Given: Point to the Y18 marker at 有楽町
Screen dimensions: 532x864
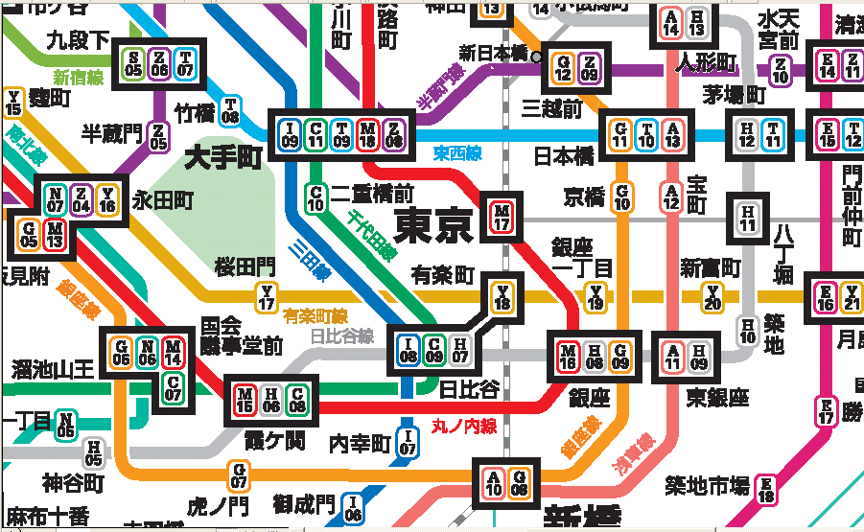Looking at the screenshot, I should [502, 297].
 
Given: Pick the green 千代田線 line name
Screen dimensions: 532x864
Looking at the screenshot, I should [370, 235].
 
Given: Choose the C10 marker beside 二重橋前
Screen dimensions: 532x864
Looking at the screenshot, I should [315, 198].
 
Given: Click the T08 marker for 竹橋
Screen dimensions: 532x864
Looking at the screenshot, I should [230, 110].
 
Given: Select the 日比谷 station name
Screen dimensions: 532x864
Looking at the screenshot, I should [469, 388].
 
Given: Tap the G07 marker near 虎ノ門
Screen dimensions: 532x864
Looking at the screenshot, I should [238, 474].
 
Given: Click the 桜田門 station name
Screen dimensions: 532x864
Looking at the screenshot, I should [245, 265].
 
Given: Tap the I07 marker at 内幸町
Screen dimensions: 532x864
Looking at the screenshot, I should [408, 442].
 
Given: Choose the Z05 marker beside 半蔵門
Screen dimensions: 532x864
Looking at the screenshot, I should [159, 136].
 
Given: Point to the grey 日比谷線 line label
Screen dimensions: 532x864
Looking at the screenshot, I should [342, 335].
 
